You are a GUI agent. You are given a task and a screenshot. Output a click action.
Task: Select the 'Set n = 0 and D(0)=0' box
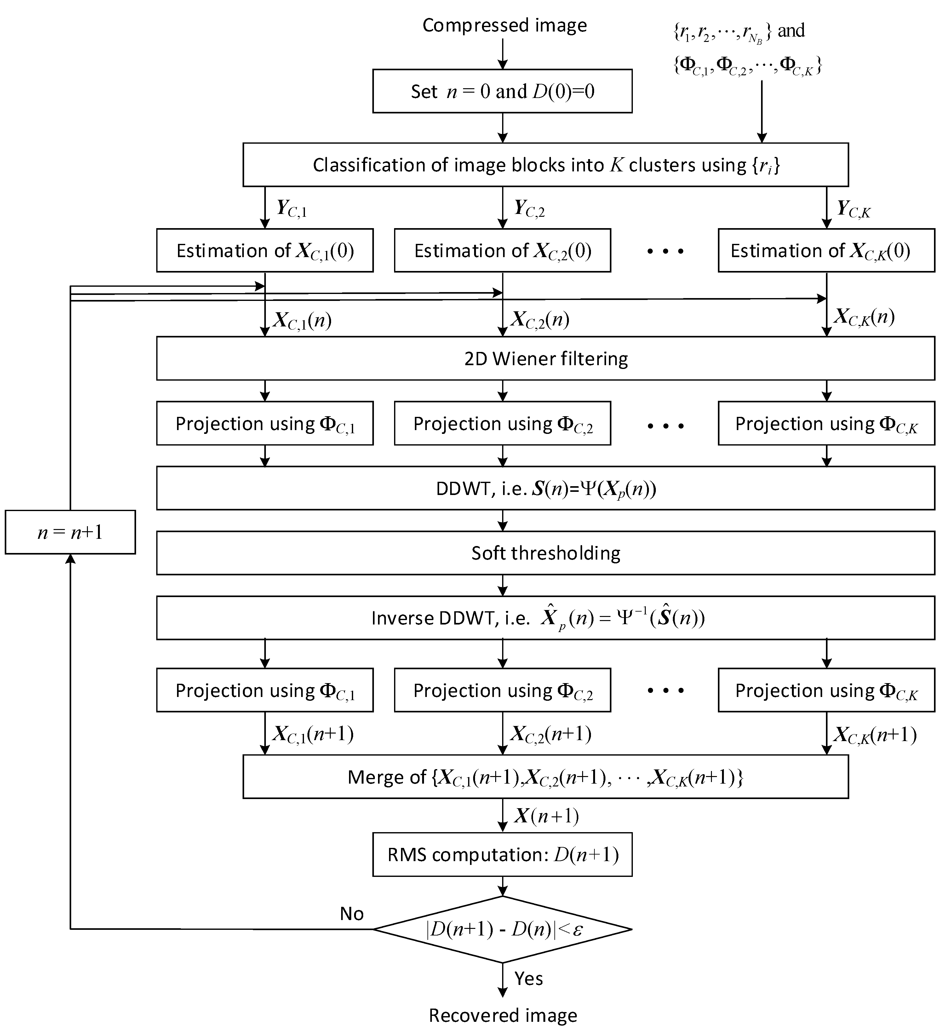502,91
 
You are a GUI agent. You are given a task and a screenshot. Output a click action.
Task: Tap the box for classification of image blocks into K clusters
546,165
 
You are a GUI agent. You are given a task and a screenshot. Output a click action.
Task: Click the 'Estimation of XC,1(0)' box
265,250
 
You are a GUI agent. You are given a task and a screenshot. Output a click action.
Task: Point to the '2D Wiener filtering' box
546,359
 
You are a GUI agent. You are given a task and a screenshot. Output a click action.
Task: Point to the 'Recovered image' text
503,1016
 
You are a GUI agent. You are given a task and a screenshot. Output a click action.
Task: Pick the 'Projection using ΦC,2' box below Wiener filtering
502,423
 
